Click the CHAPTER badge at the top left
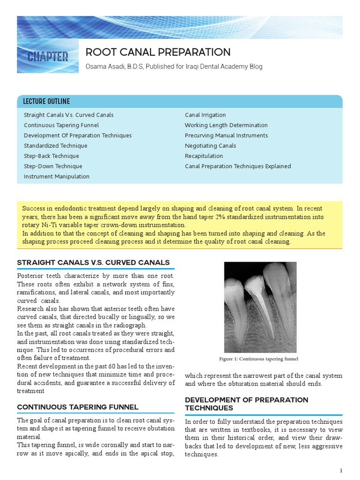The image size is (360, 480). click(47, 57)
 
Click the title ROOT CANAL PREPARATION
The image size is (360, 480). click(157, 52)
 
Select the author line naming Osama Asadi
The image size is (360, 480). click(173, 67)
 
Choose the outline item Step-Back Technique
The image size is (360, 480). click(52, 156)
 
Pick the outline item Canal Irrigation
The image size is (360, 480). click(205, 115)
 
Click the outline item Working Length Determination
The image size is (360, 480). click(226, 125)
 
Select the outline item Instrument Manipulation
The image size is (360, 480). click(57, 177)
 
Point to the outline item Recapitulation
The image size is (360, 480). click(204, 156)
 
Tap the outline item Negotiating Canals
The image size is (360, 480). click(210, 146)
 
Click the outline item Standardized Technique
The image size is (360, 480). click(55, 146)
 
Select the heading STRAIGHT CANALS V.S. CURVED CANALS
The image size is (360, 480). click(93, 262)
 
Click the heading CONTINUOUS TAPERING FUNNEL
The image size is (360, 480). click(78, 407)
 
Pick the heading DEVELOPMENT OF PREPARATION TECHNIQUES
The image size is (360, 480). click(247, 404)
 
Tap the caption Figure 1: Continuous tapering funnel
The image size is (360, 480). click(259, 359)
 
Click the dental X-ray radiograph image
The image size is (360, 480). click(260, 307)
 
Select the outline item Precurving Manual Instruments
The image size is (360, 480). click(226, 135)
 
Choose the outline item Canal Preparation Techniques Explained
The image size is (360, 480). click(238, 166)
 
